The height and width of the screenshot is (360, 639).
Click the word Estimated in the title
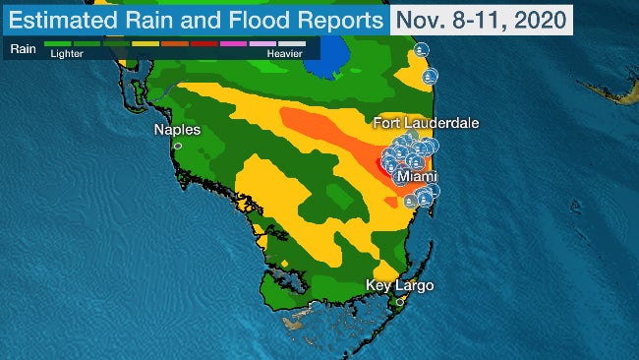(65, 20)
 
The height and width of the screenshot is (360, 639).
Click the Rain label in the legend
(23, 45)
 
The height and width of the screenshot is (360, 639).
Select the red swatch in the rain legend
(204, 45)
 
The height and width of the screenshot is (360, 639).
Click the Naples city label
(177, 130)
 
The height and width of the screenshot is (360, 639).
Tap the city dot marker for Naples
(178, 146)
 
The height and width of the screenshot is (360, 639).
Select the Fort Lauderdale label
(426, 123)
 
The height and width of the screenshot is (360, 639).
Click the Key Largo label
(399, 286)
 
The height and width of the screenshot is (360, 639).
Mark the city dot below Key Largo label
(399, 301)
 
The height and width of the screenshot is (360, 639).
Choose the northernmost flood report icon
(422, 49)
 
